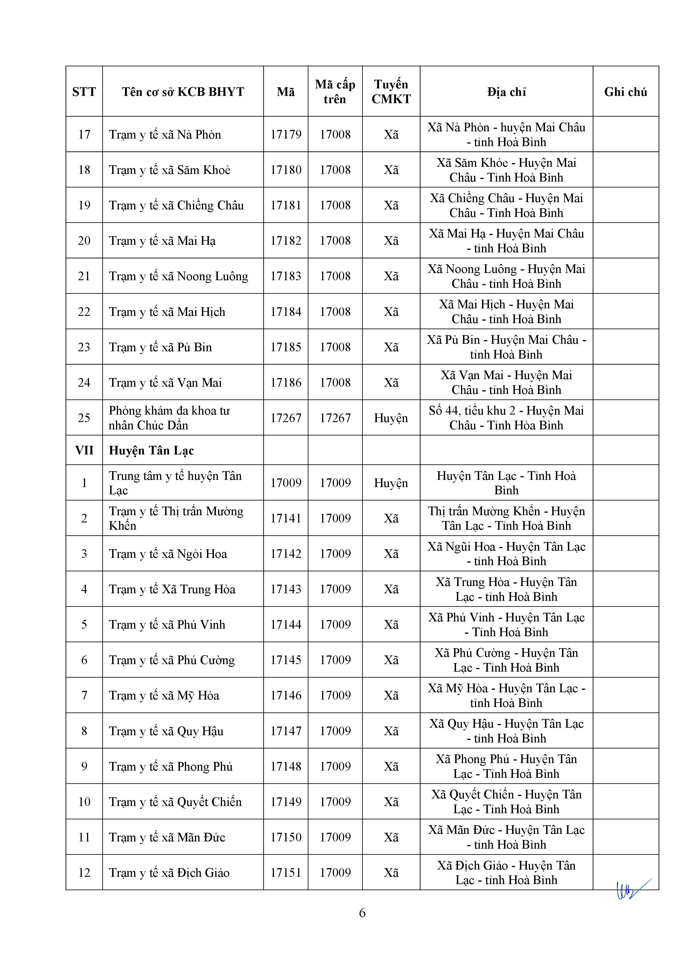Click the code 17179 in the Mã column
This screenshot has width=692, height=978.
(x=286, y=135)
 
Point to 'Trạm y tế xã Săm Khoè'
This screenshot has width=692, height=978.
(x=170, y=170)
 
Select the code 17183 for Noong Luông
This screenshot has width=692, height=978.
(x=286, y=276)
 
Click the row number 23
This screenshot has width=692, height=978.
(x=84, y=347)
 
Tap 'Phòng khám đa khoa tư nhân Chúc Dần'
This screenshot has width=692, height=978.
(x=169, y=418)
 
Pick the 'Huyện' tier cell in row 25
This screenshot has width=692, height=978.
(x=391, y=418)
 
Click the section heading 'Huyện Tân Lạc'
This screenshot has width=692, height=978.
(x=151, y=451)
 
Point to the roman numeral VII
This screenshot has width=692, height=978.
(x=84, y=451)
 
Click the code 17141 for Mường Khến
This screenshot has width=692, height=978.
(x=286, y=518)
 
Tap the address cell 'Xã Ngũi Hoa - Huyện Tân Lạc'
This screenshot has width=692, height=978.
(x=506, y=554)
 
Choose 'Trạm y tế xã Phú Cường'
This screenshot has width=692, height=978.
(x=172, y=660)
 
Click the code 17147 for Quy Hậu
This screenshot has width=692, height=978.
(x=286, y=731)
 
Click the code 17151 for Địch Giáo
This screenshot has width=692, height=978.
(x=286, y=873)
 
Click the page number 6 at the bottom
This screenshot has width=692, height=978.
(x=362, y=913)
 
